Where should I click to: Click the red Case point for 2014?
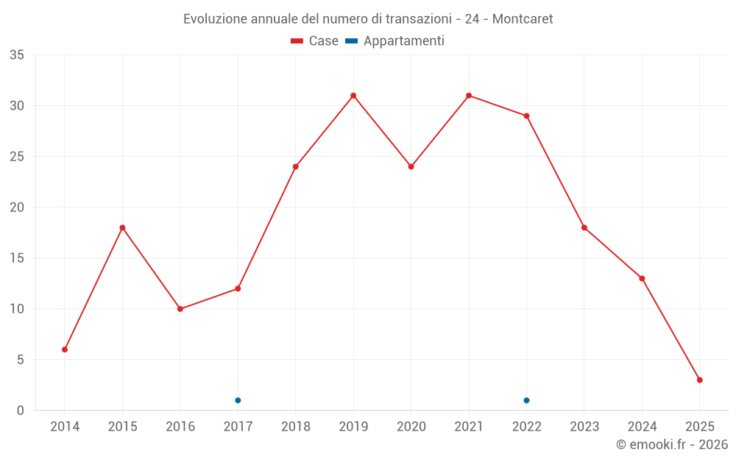point(65,350)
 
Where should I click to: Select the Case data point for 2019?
point(353,96)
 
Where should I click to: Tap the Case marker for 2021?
point(469,96)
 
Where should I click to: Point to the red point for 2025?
point(699,380)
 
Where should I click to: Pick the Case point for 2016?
point(180,308)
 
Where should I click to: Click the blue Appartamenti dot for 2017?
point(238,400)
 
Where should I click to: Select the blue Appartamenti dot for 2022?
point(526,400)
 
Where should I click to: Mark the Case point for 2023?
point(584,227)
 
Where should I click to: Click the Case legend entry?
point(315,41)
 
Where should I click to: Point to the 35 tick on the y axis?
point(17,55)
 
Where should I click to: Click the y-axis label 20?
point(17,208)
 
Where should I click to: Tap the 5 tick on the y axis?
point(21,360)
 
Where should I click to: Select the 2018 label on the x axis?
point(296,427)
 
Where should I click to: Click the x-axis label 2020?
point(411,427)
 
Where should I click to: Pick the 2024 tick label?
point(642,427)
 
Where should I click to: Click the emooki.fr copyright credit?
point(671,445)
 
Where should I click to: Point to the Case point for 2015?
point(122,227)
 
